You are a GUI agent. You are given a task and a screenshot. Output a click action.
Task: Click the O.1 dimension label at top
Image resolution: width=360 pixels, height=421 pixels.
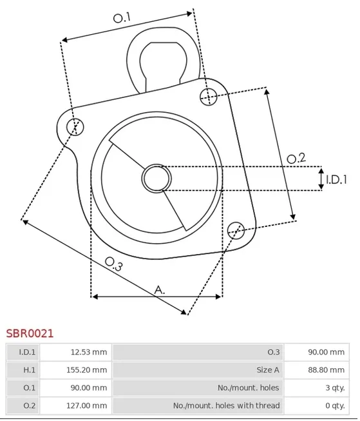[x=122, y=18]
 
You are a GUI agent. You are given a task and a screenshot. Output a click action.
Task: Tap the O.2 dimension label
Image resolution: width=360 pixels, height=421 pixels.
[x=296, y=159]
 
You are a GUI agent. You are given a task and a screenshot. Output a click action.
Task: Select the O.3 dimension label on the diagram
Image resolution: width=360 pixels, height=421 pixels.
[x=114, y=264]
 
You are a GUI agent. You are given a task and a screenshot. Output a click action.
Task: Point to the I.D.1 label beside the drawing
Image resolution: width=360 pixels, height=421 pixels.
[x=336, y=179]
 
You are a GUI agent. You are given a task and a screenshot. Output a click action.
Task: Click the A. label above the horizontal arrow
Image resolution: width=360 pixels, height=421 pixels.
[x=160, y=289]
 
